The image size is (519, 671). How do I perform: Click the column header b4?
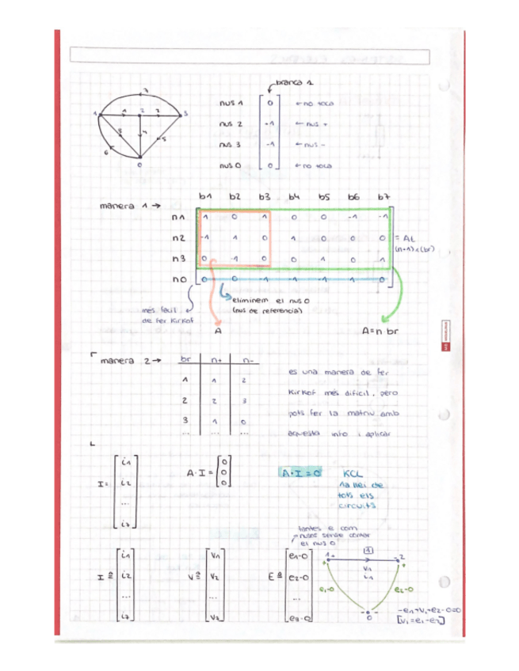(x=293, y=195)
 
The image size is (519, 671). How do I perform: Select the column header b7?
(x=384, y=195)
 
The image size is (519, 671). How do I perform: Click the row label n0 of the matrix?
(x=178, y=279)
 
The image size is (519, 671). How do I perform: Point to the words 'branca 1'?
(x=298, y=82)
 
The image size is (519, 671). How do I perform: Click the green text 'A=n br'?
(x=380, y=332)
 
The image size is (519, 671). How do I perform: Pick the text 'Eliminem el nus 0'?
(x=262, y=301)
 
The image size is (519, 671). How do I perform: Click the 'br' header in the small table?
(x=187, y=360)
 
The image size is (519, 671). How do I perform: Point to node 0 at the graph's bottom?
(x=139, y=165)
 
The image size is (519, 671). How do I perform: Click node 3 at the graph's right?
(x=185, y=114)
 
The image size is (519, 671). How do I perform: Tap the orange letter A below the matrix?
(x=218, y=334)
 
